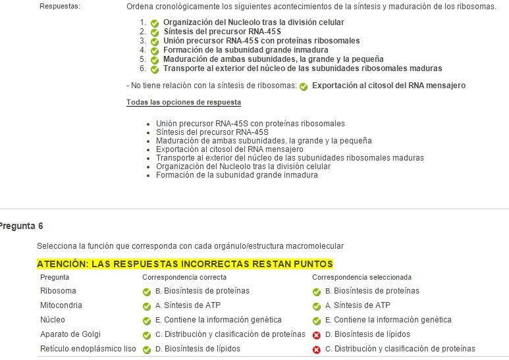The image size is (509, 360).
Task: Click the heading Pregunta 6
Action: coord(21,226)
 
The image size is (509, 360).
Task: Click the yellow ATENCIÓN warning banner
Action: coord(185,264)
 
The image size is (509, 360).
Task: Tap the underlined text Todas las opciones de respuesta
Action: coord(183,102)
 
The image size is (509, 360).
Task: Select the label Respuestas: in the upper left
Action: coord(60,7)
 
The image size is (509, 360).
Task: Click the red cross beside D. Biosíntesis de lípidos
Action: coord(317,334)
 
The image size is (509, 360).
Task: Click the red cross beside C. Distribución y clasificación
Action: coord(317,349)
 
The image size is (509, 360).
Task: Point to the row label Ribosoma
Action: coord(58,291)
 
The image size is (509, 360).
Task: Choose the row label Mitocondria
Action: coord(61,305)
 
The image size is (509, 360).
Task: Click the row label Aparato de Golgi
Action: coord(70,334)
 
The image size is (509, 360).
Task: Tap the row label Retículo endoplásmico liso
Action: coord(87,349)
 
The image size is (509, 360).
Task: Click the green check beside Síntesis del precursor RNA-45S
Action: coord(155,31)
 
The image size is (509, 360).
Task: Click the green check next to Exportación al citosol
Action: coord(304,86)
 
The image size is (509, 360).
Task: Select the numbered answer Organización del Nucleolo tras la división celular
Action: coord(254,22)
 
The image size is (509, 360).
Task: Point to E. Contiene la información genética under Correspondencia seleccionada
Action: coord(388,320)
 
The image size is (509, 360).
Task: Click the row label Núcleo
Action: coord(53,320)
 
